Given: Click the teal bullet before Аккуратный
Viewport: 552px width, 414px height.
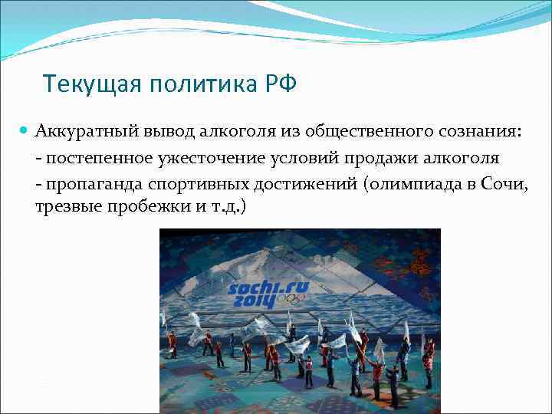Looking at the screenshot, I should (25, 131).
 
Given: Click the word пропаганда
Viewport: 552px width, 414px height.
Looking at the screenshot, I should (85, 183).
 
